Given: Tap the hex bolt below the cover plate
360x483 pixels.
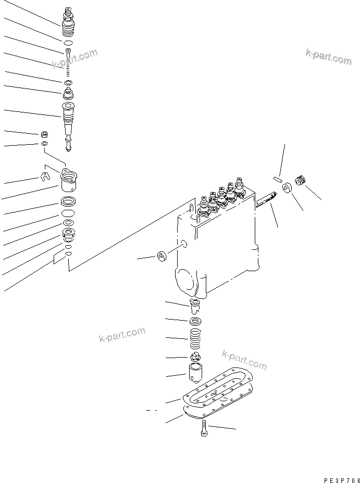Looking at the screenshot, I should pos(203,428).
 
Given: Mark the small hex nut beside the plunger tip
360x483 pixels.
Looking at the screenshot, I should pos(45,134).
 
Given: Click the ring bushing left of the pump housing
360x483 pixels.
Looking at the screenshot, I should pos(162,256).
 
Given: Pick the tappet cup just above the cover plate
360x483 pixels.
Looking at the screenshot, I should pos(196,372).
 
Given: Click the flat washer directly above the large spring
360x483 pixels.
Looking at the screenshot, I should pos(196,321).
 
